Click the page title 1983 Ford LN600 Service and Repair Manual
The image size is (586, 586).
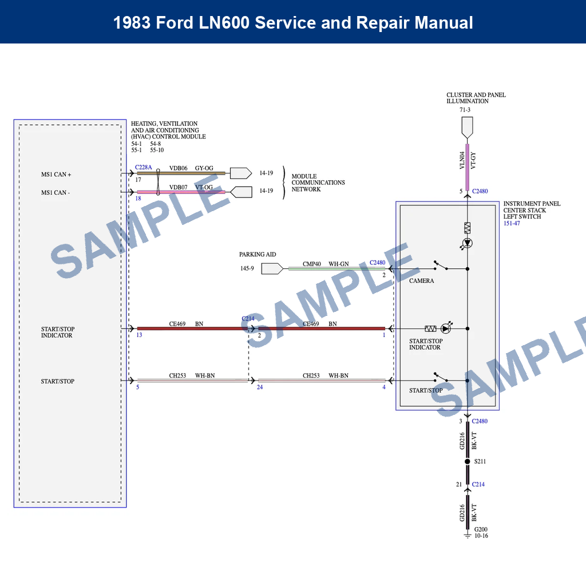tap(293, 22)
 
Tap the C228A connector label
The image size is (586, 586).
tap(144, 167)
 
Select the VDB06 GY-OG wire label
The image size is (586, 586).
tap(191, 168)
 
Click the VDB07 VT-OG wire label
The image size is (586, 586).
tap(191, 187)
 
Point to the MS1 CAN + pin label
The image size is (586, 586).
tap(56, 175)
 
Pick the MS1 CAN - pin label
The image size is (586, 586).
tap(56, 193)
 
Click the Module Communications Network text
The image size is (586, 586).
tap(318, 183)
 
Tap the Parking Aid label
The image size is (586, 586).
tap(258, 254)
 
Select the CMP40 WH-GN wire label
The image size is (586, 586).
tap(326, 264)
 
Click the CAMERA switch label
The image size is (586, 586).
tap(421, 281)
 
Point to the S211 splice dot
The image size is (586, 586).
tap(468, 461)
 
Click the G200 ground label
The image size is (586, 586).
tap(481, 530)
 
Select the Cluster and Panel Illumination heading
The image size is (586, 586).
tap(476, 98)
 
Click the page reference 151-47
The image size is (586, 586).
tap(512, 223)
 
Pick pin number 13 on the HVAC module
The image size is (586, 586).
tap(139, 335)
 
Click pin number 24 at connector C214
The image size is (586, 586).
tap(260, 387)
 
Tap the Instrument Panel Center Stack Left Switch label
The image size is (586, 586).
tap(532, 210)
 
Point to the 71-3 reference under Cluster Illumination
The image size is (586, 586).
tap(465, 110)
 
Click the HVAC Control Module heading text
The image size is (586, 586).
tap(168, 130)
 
